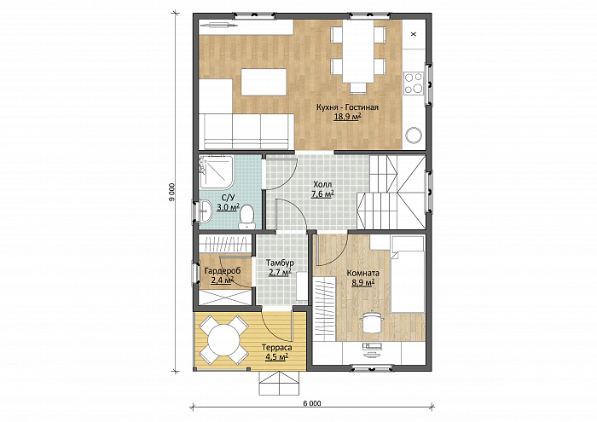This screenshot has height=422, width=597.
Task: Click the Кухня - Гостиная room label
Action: [347, 107]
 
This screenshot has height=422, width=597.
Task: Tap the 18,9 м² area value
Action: [347, 117]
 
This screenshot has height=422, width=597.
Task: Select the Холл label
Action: [322, 184]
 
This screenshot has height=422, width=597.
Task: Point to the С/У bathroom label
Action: [228, 198]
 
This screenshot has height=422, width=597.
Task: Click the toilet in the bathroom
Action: [246, 217]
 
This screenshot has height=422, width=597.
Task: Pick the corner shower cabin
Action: [216, 171]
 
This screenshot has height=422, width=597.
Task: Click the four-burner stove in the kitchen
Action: [414, 83]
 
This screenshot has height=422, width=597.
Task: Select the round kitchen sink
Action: [414, 135]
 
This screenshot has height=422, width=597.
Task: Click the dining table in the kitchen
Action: [358, 50]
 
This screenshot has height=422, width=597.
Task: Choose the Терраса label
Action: [277, 348]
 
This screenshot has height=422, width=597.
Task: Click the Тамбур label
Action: [280, 263]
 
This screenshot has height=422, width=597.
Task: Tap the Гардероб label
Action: [223, 271]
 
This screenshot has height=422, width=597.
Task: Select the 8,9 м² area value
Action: [363, 282]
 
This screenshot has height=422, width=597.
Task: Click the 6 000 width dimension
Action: [312, 403]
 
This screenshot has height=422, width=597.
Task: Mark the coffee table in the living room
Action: [264, 82]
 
